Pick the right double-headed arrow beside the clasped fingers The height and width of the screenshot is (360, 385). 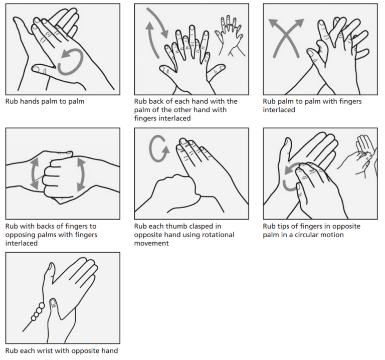tap(81, 174)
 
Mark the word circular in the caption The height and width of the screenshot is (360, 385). tap(308, 235)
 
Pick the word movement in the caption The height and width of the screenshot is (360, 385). tap(151, 243)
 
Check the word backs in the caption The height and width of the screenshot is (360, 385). tap(48, 227)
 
